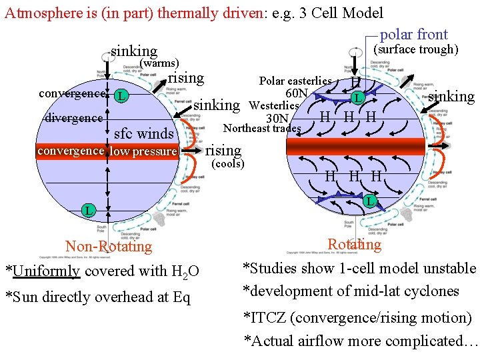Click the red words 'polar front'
coord(413,35)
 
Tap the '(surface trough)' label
coord(415,49)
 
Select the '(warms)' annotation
coord(158,63)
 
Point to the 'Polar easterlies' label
coord(295,81)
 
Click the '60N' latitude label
coord(296,93)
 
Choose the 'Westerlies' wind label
coord(273,105)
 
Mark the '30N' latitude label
coord(277,118)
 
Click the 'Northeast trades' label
coord(262,128)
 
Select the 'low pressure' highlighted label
coord(143,151)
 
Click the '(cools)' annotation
coord(227,163)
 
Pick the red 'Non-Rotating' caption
coord(109,247)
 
